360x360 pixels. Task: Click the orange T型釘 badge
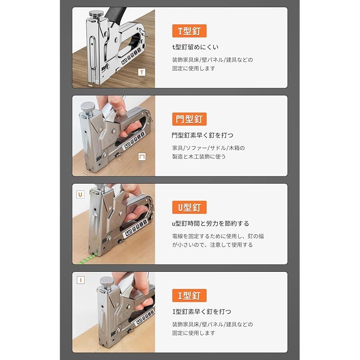click(x=189, y=31)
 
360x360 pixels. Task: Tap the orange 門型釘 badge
click(x=189, y=119)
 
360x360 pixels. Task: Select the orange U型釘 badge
click(x=189, y=207)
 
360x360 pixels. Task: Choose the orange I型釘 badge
click(x=189, y=296)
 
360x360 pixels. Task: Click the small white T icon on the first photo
click(x=142, y=72)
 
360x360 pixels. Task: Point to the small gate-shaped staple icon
click(x=142, y=157)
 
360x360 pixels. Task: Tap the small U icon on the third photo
click(x=80, y=194)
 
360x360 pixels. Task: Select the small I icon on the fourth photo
click(x=81, y=280)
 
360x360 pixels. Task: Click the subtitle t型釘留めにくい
click(x=195, y=47)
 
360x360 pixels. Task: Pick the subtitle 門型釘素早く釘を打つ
click(x=202, y=135)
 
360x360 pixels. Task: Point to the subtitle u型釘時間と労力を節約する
click(x=210, y=223)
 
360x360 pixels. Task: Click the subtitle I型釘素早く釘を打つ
click(x=202, y=311)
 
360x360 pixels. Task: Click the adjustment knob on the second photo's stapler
click(x=87, y=108)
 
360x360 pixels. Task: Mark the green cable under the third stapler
click(x=89, y=258)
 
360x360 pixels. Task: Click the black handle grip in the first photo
click(x=115, y=14)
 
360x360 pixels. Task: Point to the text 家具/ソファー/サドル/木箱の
click(x=208, y=148)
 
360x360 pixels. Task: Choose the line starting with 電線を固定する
click(x=218, y=236)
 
